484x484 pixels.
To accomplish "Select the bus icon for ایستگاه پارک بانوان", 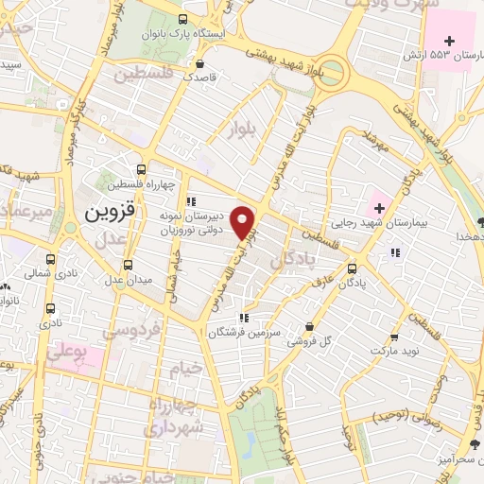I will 182,18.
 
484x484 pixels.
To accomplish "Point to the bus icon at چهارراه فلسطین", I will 140,167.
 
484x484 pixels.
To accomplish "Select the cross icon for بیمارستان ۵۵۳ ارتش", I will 450,41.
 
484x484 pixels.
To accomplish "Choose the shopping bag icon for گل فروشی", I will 308,326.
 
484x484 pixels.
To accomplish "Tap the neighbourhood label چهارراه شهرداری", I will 172,416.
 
